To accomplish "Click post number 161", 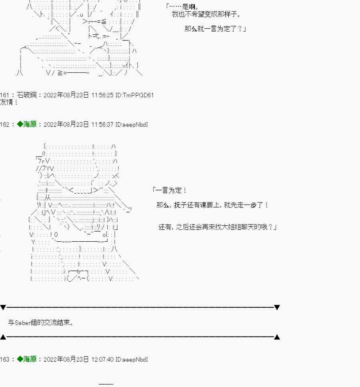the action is coord(4,95).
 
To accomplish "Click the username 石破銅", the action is coord(27,95).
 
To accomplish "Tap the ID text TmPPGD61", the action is coord(138,95).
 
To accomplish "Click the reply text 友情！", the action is coord(9,102).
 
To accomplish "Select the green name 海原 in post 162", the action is coord(30,124).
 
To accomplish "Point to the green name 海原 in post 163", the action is coord(30,359).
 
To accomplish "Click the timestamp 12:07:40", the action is coord(102,359).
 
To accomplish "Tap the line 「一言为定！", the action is coord(169,190).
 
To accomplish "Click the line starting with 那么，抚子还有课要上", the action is coord(212,205).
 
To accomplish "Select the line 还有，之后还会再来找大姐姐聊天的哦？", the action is coord(218,227).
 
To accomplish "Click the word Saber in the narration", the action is coord(22,323).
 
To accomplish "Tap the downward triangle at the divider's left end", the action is coord(3,307).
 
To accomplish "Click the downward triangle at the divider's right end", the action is coord(277,307).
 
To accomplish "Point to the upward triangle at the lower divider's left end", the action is coord(3,337).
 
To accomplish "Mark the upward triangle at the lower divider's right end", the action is coord(277,337).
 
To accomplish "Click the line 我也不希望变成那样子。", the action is coord(206,14).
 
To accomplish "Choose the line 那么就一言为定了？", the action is coord(216,29).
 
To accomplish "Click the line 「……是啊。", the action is coord(182,7).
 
